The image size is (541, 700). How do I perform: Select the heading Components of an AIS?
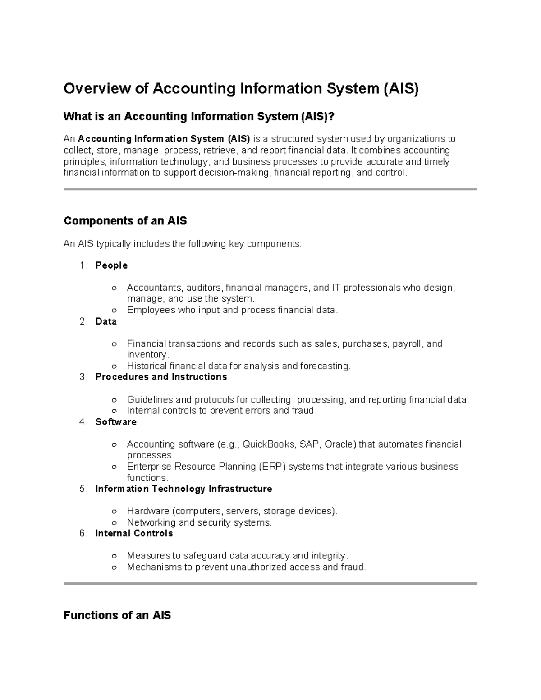[x=125, y=221]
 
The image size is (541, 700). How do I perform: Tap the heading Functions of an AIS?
[x=117, y=615]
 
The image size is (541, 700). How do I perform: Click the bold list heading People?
[x=111, y=265]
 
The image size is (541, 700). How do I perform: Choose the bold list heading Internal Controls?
[x=134, y=533]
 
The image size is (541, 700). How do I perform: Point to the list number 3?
[x=82, y=377]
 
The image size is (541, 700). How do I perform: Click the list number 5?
[x=82, y=489]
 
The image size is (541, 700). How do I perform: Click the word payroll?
[x=407, y=344]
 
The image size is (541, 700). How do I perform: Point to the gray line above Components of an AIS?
[x=270, y=190]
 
